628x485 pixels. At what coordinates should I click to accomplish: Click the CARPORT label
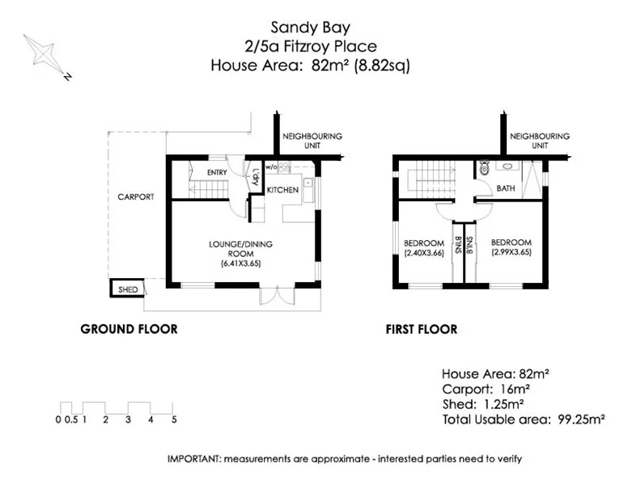tap(135, 196)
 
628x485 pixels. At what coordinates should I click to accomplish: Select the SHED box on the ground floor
tap(127, 289)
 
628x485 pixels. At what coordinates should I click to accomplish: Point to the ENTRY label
tap(216, 172)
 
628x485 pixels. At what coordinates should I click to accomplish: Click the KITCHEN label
tap(283, 190)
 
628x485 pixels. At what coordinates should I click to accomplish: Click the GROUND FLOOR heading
tap(129, 329)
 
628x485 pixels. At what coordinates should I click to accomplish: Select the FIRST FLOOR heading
tap(421, 329)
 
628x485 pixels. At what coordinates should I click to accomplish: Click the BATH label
tap(506, 188)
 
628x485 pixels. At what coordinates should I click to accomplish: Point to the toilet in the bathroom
tap(484, 167)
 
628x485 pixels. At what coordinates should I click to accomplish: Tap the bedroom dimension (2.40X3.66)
tap(424, 253)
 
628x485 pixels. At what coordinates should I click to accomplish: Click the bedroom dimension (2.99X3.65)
tap(511, 253)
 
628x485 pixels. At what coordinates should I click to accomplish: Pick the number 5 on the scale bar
tap(174, 420)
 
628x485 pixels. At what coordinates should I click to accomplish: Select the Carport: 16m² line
tap(483, 389)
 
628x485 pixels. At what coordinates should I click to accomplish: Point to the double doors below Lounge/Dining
tap(274, 295)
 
